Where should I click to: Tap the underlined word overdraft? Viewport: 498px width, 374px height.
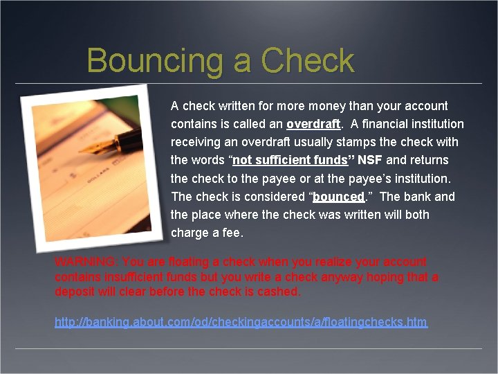tap(313, 125)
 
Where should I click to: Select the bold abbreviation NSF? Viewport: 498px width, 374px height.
tap(370, 161)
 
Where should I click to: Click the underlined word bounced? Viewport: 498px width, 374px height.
tap(338, 197)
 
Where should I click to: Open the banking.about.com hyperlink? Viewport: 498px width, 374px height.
tap(241, 322)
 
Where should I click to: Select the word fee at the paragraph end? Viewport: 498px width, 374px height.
tap(232, 233)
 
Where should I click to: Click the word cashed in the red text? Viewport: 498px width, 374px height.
tap(277, 292)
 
